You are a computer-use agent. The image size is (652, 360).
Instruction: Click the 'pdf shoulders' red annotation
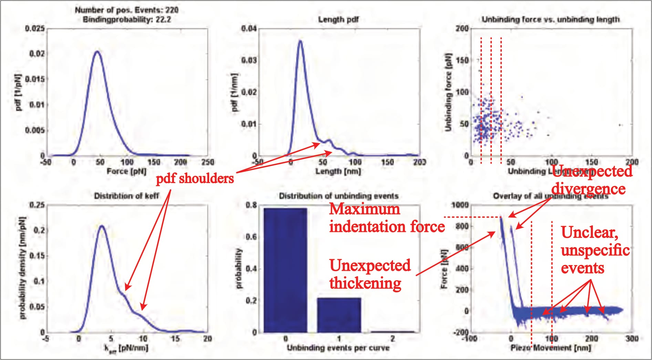pos(195,179)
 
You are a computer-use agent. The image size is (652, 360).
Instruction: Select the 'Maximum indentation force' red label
pos(386,218)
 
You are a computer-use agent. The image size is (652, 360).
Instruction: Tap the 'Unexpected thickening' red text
pos(370,275)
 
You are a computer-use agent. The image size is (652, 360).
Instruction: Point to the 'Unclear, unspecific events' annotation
pos(595,251)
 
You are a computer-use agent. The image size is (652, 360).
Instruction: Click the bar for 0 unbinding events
pos(285,270)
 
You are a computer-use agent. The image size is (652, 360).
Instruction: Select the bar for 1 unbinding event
pos(339,315)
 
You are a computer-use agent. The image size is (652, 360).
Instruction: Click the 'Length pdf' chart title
pos(338,20)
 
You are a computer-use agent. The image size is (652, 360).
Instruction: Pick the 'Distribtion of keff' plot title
pos(126,196)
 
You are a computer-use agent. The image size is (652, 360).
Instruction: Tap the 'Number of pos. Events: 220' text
pos(126,10)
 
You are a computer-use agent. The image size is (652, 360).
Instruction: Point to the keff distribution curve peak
pos(102,226)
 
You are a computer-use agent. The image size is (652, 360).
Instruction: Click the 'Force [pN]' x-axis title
pos(126,171)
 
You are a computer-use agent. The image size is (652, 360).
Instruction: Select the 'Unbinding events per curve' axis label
pos(338,348)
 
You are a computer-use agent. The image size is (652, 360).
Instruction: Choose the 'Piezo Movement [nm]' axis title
pos(550,348)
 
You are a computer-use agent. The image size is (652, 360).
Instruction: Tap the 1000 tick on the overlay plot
pos(460,205)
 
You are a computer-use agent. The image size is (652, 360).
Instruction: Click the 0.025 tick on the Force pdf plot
pos(35,28)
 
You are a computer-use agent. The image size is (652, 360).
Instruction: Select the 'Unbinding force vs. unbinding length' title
pos(550,20)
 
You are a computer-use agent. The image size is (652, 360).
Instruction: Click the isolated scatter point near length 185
pos(620,125)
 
